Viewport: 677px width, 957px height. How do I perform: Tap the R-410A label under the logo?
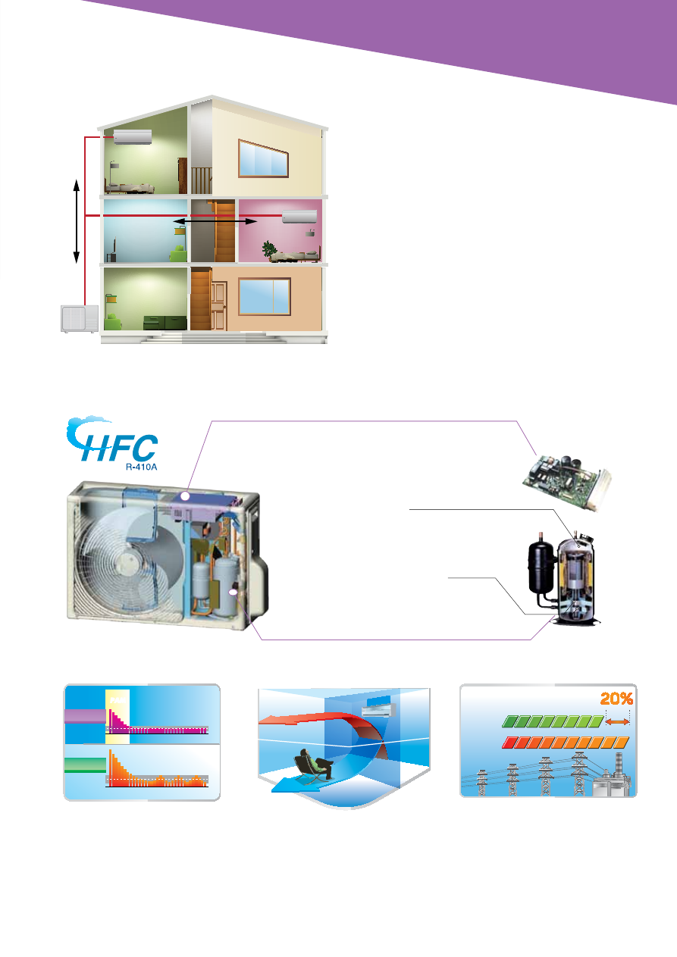[x=141, y=467]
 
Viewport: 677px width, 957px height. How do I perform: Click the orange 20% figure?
[x=616, y=699]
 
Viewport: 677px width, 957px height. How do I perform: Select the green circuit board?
[x=567, y=482]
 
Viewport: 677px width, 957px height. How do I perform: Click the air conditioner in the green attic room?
[x=133, y=136]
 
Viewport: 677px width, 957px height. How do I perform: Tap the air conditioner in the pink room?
[x=299, y=216]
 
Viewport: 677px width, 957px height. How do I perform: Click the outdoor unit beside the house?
[x=80, y=318]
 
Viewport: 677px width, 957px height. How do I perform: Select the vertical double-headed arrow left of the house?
[x=77, y=221]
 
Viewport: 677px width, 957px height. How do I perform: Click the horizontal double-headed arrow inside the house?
[x=215, y=221]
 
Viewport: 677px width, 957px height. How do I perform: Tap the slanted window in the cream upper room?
[x=263, y=158]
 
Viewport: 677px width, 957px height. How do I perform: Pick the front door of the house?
[x=218, y=305]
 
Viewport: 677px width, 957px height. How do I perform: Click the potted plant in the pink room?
[x=269, y=249]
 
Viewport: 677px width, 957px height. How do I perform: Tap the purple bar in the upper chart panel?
[x=85, y=716]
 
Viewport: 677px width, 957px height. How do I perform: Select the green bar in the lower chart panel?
[x=85, y=765]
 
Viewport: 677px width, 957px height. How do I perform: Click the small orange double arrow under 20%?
[x=618, y=721]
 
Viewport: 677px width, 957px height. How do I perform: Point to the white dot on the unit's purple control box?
[x=185, y=496]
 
